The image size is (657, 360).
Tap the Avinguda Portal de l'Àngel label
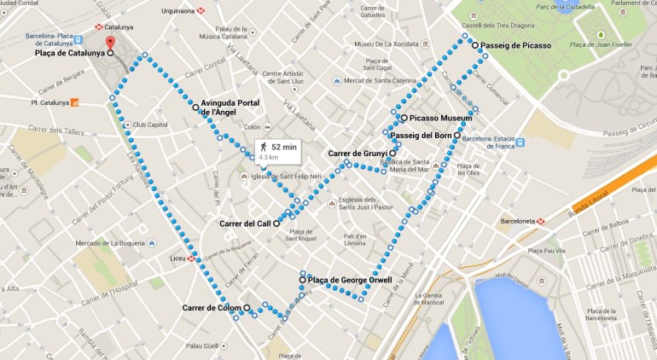[230, 107]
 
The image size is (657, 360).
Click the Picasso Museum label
[441, 118]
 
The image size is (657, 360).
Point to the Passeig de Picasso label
[515, 44]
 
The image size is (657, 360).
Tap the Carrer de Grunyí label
[358, 154]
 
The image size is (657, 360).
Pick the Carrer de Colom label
[212, 307]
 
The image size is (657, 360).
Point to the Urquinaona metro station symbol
[201, 11]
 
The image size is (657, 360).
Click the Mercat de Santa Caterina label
[379, 80]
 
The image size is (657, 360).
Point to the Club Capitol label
[152, 125]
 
